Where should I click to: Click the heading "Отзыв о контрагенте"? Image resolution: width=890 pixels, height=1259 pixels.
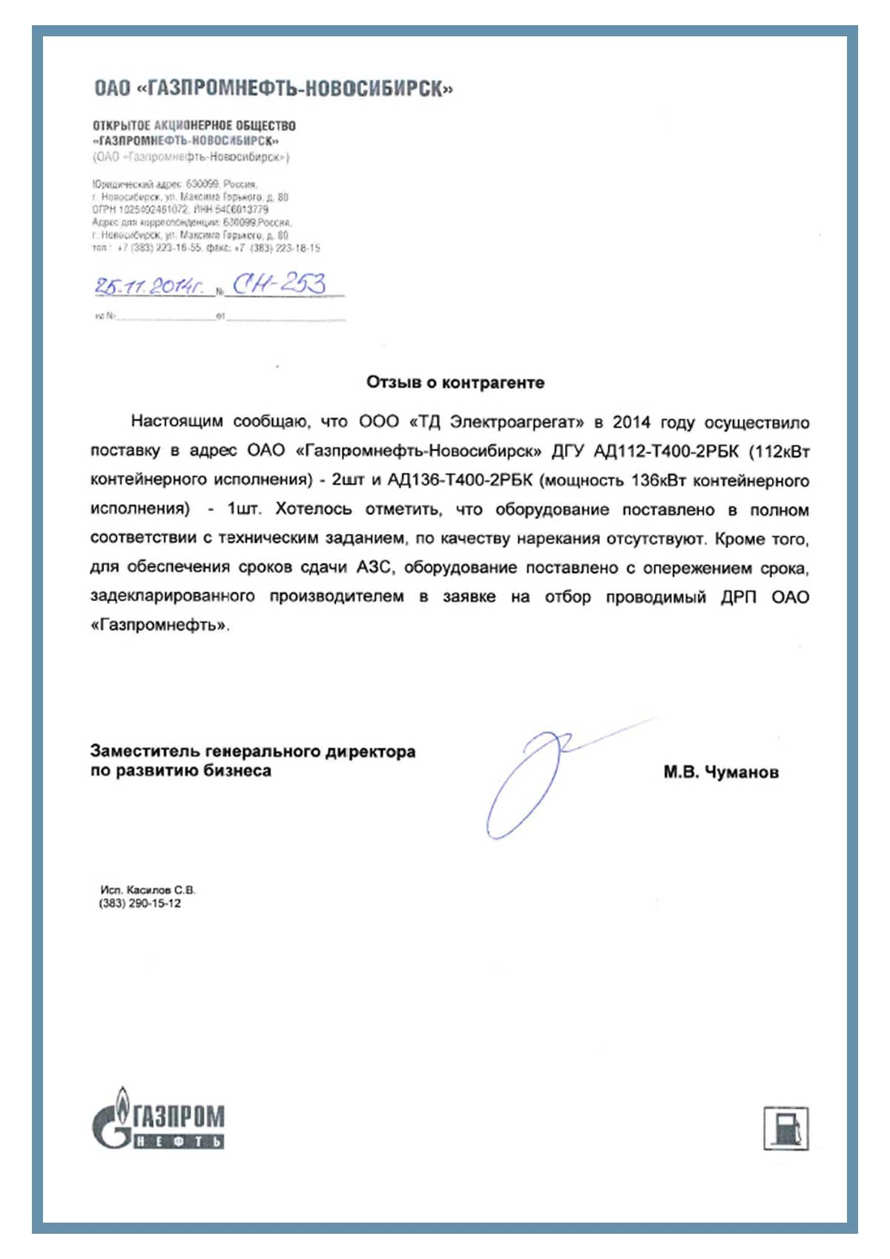point(455,383)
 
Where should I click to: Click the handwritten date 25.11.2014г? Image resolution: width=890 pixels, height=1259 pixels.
point(149,286)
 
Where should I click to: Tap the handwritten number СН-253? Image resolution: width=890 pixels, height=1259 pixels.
point(279,283)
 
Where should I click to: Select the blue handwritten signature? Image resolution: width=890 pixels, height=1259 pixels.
point(534,779)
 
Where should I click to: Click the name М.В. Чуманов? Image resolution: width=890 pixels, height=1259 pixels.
point(721,772)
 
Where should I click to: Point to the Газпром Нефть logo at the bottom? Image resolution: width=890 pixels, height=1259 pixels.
point(158,1118)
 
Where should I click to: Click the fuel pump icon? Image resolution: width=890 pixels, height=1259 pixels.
point(786,1128)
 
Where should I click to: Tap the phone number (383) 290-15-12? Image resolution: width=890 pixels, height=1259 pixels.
point(140,904)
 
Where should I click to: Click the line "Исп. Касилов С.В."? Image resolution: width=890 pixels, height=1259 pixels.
point(148,890)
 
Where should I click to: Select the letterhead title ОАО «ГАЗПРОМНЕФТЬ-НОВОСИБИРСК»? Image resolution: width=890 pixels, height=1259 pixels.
point(273,89)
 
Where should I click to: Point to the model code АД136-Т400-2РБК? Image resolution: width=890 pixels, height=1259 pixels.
point(460,480)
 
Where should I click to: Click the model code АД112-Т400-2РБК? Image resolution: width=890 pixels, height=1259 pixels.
point(666,451)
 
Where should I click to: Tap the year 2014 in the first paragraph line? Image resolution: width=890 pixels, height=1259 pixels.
point(631,422)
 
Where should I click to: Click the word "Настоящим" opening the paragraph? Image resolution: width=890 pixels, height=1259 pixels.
point(177,421)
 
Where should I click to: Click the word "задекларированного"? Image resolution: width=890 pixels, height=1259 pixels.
point(173,596)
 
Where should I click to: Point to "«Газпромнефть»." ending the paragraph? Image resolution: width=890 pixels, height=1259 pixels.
point(160,625)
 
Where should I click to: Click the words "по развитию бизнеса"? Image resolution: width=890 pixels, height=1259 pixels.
point(181,771)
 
